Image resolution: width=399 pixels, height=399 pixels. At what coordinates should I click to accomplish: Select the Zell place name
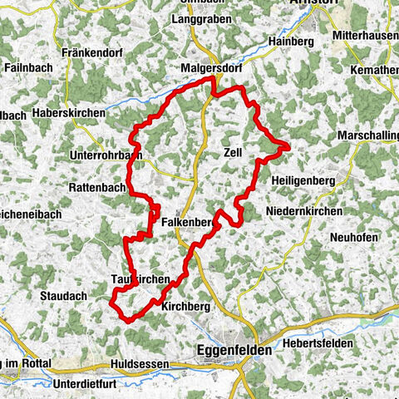[x=234, y=152]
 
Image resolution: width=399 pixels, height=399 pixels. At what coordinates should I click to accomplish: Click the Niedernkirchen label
[x=304, y=212]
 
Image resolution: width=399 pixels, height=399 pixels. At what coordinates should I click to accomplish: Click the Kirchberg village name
[x=187, y=307]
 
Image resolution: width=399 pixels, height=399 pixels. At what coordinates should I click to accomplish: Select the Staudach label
[x=63, y=295]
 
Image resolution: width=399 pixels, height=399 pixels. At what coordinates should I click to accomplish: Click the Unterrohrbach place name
[x=107, y=155]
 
